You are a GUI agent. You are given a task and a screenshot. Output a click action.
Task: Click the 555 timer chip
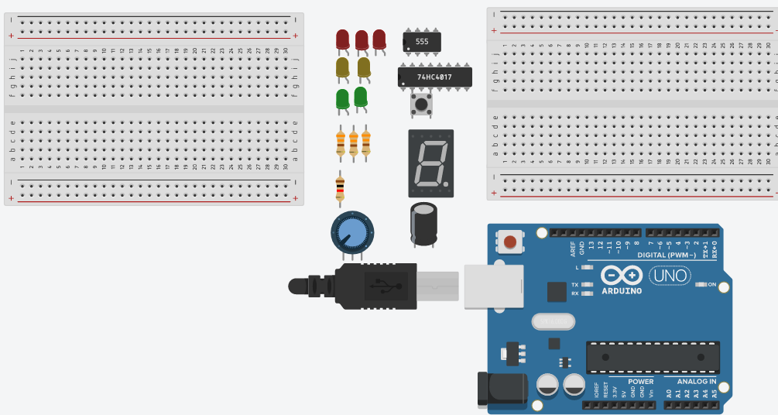point(421,42)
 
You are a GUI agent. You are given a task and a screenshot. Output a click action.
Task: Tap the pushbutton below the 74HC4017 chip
point(420,104)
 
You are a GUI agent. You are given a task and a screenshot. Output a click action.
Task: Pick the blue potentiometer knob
point(351,232)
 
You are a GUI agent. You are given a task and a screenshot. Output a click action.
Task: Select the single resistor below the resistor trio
point(339,188)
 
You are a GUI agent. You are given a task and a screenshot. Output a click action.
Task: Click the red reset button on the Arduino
point(510,242)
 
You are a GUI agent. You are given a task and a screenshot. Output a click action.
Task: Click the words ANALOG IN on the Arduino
point(697,382)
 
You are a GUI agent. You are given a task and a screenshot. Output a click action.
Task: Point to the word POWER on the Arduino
point(641,382)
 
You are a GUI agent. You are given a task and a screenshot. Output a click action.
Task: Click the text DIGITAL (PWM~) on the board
point(667,255)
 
